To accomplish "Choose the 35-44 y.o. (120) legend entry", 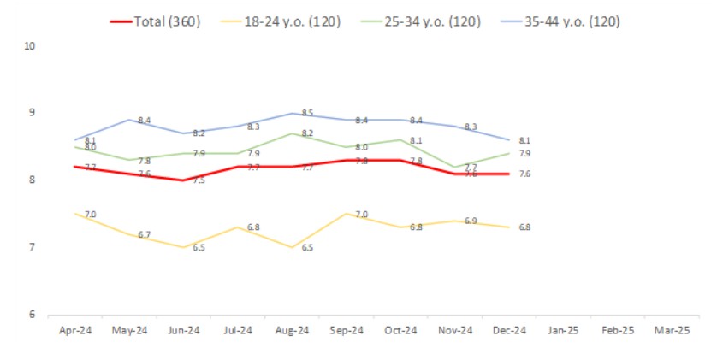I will coord(561,22).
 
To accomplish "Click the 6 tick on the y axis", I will coord(31,315).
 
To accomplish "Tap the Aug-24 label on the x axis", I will coord(292,330).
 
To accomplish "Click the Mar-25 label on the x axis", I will coord(672,330).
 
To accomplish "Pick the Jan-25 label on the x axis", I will coord(563,330).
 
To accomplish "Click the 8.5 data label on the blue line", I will coord(309,113).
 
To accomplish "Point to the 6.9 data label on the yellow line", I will coord(471,221).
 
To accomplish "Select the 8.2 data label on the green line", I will coord(309,133).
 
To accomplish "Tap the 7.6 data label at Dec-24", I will coord(524,174).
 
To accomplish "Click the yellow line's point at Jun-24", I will coord(183,247).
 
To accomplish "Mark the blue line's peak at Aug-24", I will coord(292,113).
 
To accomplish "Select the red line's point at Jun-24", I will coord(183,180).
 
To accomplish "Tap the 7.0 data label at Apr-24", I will coord(90,213).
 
